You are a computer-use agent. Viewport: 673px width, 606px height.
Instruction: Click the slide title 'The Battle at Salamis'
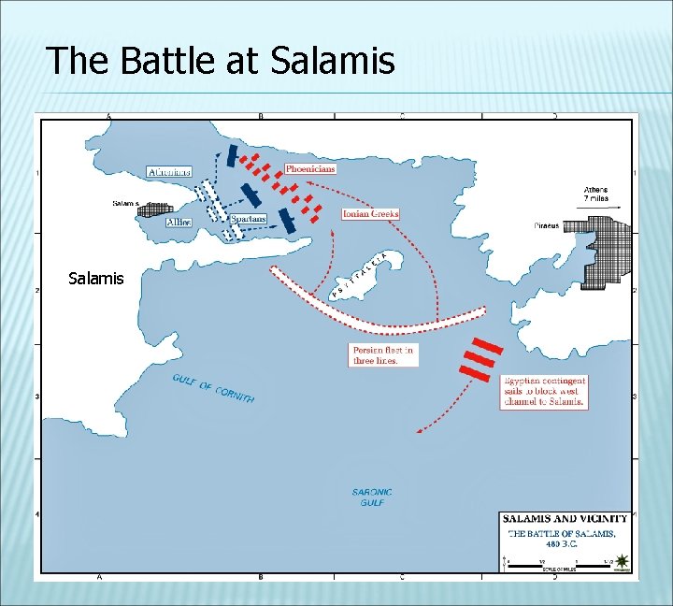click(x=221, y=62)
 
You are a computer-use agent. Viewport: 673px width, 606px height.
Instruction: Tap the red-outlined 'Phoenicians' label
click(x=310, y=169)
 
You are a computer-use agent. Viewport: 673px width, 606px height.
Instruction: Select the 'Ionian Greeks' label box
click(x=370, y=214)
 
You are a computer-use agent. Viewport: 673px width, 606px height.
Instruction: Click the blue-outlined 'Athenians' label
click(x=169, y=172)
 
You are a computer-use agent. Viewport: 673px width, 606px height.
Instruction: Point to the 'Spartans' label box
click(x=249, y=219)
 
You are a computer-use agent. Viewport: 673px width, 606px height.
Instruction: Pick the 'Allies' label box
click(x=179, y=223)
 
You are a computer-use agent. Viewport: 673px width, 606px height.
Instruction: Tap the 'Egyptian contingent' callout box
click(x=545, y=392)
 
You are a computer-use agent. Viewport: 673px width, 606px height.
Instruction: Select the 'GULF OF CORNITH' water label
click(x=213, y=388)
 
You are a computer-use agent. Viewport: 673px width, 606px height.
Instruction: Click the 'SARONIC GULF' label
click(x=371, y=497)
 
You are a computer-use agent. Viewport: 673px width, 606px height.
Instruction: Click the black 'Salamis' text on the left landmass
click(x=96, y=278)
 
